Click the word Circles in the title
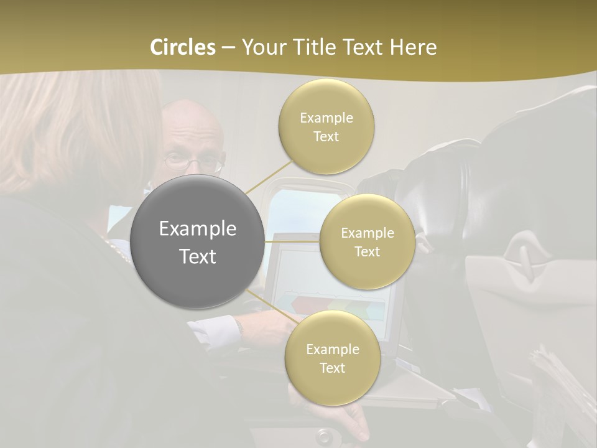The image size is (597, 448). click(x=183, y=47)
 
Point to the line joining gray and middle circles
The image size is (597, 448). click(x=292, y=241)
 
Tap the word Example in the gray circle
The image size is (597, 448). click(x=197, y=229)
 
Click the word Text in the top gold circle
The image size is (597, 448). click(x=326, y=137)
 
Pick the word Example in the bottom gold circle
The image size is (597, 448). click(x=332, y=350)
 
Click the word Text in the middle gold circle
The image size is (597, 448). click(x=367, y=252)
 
